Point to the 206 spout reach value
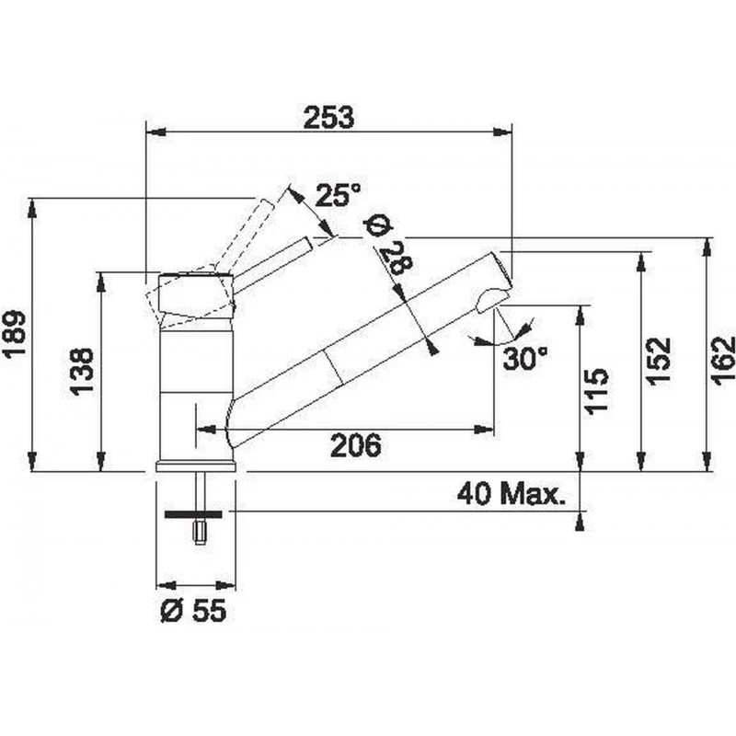click(356, 445)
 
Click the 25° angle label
click(338, 195)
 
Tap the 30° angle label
click(524, 358)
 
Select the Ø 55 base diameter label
click(193, 611)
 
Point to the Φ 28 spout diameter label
click(388, 246)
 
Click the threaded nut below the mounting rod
click(200, 533)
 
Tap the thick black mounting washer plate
click(193, 514)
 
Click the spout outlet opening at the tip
click(491, 299)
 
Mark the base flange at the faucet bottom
click(195, 466)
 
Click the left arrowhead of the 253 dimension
click(156, 132)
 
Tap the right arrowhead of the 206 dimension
click(484, 429)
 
